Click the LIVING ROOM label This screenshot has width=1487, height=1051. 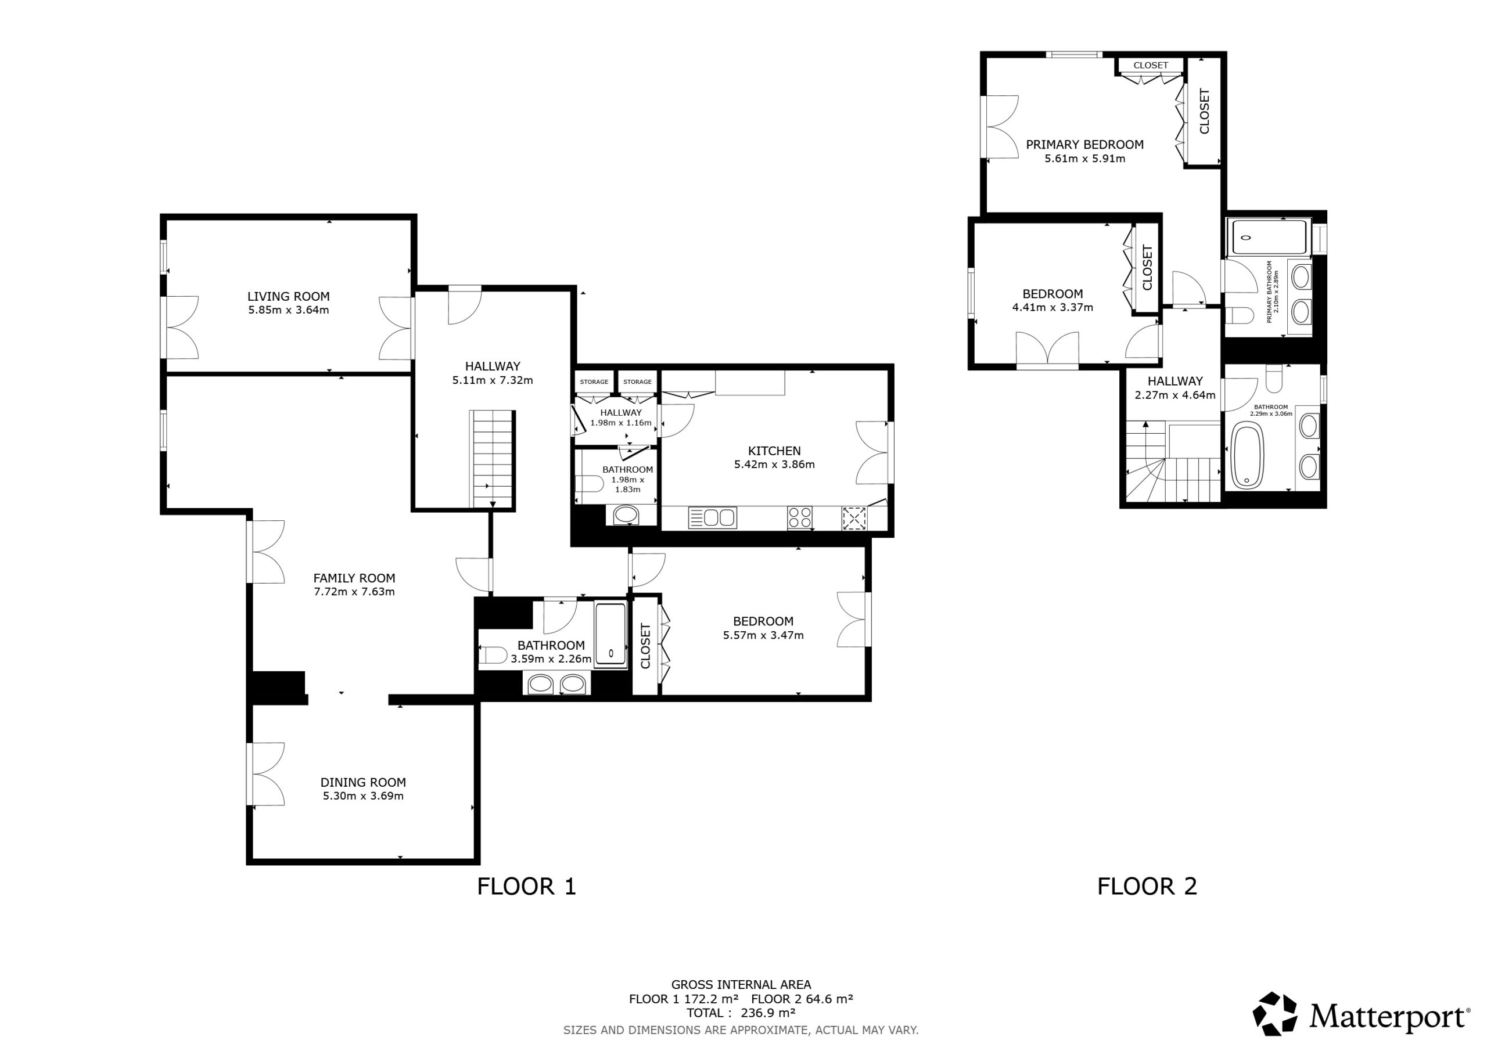[288, 297]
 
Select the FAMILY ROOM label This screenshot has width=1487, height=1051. [354, 578]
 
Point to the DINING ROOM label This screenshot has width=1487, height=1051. [364, 782]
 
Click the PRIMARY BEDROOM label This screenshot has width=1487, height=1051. [1085, 145]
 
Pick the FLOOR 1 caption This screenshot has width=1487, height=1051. [526, 887]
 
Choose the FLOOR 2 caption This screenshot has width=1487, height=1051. [1147, 887]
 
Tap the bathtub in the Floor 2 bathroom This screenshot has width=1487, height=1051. [1247, 455]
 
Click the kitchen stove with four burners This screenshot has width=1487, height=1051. [800, 517]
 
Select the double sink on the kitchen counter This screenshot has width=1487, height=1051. [712, 517]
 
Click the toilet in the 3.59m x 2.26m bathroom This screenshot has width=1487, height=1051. [493, 656]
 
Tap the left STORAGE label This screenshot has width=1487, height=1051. [594, 382]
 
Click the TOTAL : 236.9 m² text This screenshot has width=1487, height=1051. [741, 1013]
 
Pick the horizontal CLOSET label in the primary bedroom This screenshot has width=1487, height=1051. [1151, 66]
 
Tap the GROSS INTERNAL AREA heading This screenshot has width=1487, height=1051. [741, 985]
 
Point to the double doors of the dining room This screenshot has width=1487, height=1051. [265, 774]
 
